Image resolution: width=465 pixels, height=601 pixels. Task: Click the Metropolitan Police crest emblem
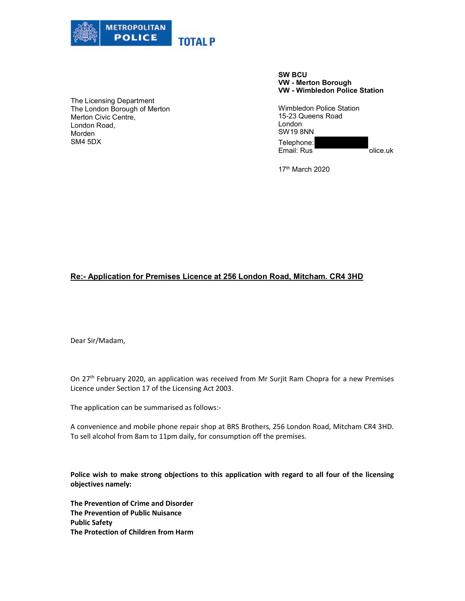tap(85, 33)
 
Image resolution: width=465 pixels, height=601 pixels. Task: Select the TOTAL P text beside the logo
tap(196, 42)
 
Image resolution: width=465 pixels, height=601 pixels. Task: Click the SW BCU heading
tap(292, 75)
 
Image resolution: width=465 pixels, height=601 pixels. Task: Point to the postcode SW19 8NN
tap(296, 132)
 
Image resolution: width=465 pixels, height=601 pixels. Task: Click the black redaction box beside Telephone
tap(341, 143)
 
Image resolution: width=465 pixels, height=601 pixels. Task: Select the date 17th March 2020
tap(304, 169)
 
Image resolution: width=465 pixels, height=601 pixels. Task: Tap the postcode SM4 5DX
tap(86, 142)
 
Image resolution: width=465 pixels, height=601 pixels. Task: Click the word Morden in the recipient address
tap(82, 134)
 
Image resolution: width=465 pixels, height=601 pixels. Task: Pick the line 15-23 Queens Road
tap(310, 116)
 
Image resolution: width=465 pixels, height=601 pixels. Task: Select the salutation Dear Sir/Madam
tap(98, 341)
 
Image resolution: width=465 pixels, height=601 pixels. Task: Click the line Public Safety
tap(91, 523)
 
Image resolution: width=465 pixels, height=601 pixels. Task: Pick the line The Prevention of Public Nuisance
tap(126, 513)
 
